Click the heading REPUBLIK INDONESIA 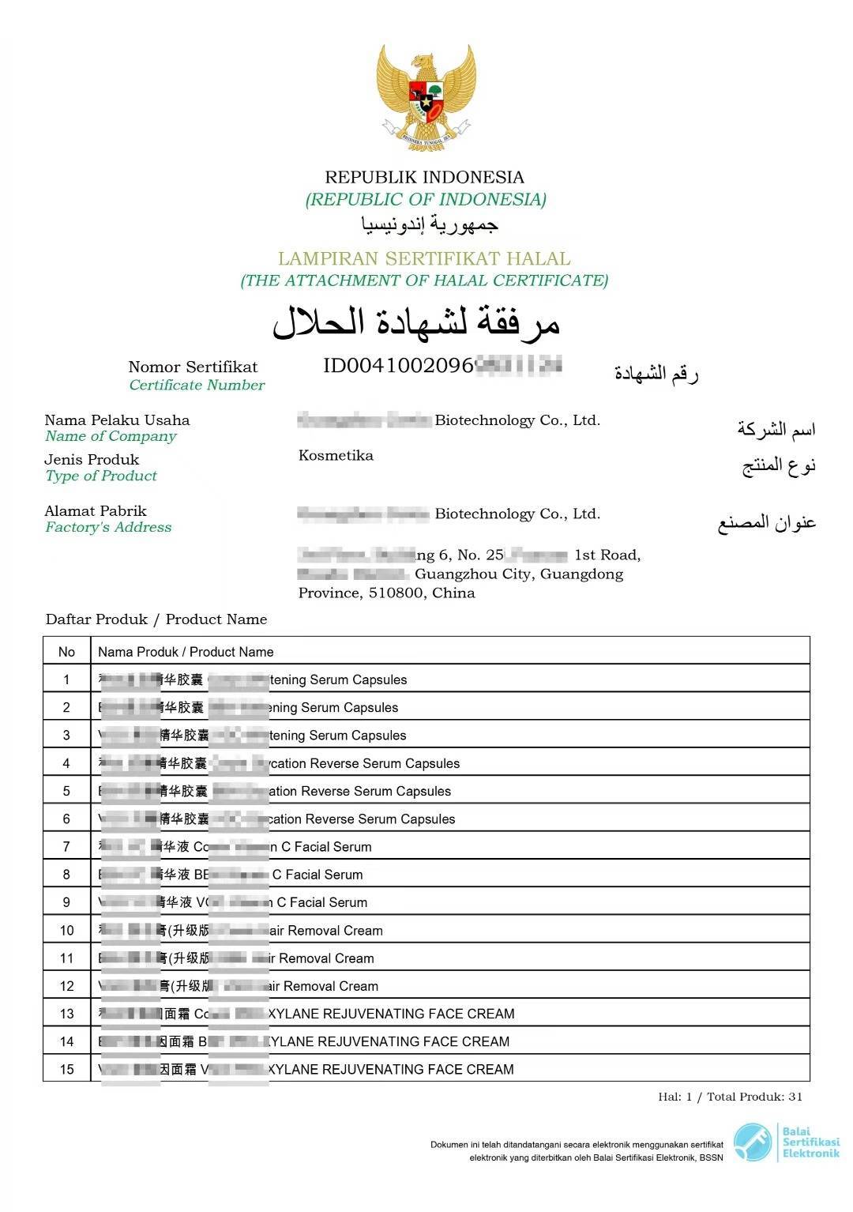424,177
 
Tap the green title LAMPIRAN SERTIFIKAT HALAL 424,258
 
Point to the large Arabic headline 416,322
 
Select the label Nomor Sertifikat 193,367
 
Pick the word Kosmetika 336,455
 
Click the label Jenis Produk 92,459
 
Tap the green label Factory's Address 108,527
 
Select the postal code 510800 396,593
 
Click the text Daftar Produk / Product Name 156,619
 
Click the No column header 66,652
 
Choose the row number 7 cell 66,847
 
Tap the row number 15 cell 66,1069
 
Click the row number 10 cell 66,931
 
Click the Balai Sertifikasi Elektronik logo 785,1142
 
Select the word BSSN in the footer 710,1158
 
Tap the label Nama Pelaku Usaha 117,420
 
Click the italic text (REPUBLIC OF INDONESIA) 426,199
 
